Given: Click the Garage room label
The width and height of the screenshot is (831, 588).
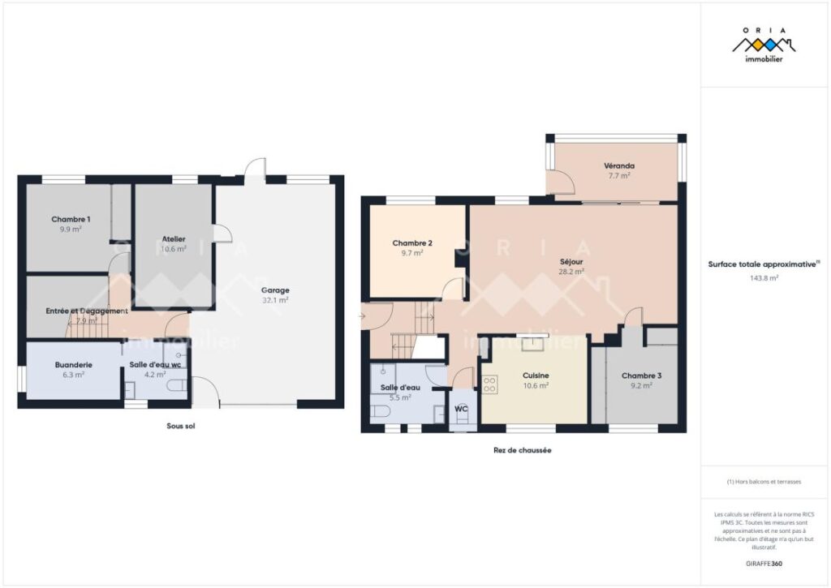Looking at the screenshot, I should pos(275,290).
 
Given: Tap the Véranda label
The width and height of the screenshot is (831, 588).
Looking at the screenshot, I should pos(618,165).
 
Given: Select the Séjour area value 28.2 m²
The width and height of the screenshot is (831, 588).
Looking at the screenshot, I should pos(572,273).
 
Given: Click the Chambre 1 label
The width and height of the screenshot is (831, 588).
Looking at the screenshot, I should pos(71,219).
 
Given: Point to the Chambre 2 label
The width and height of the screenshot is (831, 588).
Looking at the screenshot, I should pos(411,242).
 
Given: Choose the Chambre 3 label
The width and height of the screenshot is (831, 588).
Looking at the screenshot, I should pos(641,376).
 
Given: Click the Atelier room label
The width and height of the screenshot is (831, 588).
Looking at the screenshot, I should pos(174,238).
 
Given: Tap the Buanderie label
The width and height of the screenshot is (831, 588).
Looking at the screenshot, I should pos(73,365).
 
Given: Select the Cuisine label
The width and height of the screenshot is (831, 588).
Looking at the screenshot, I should pos(536,376).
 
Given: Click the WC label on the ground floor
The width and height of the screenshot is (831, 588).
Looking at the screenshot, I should pos(462,409).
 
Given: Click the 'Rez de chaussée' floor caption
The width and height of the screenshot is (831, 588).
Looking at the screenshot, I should pos(522,450).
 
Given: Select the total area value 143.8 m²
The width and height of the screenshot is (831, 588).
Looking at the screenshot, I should pos(764,277).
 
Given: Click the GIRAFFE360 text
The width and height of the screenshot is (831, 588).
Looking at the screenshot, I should pos(764,563).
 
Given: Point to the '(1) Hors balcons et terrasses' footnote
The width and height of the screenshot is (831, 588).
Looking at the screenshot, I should pos(764,482).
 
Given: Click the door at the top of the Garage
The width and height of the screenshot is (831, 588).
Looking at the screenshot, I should pos(256,169).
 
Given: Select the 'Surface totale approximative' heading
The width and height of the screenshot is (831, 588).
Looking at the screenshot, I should pos(762,264).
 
